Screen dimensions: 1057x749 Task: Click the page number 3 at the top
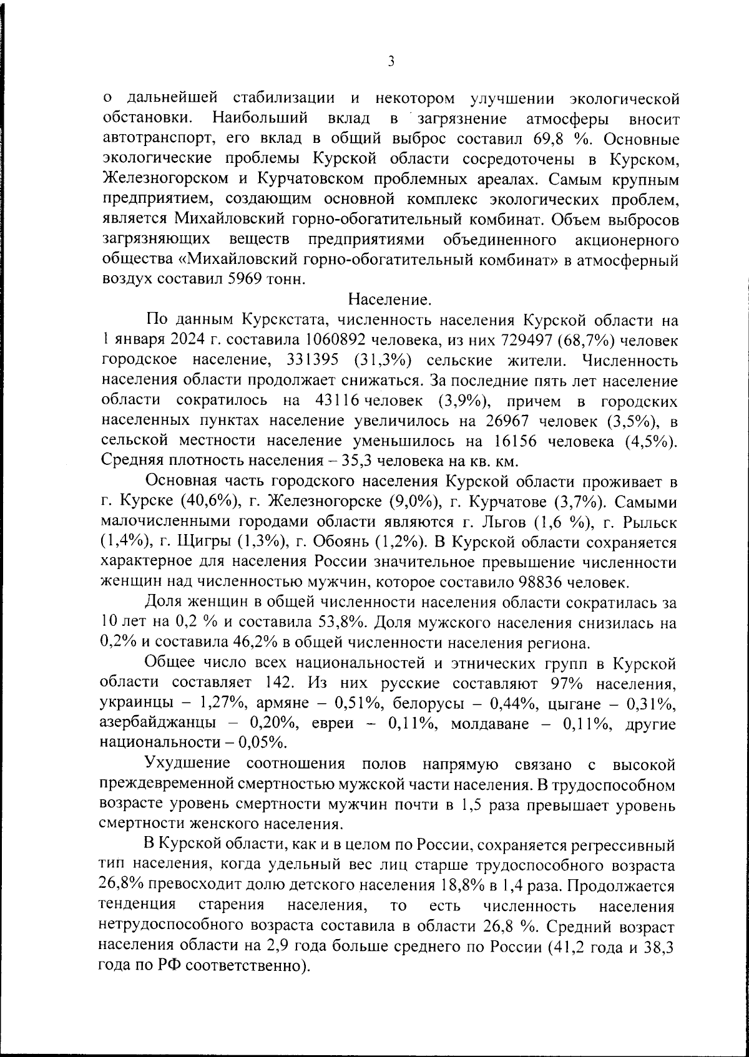[391, 61]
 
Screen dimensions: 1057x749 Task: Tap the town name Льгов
[527, 522]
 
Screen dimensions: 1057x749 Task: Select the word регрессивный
[625, 847]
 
